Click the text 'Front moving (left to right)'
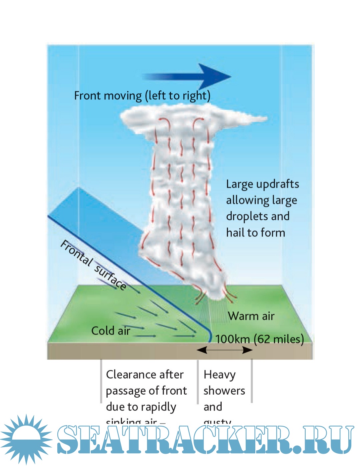coord(142,96)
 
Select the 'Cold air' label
coord(111,331)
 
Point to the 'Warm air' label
coord(251,316)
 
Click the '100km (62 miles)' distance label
coord(259,339)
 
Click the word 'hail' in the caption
coord(235,232)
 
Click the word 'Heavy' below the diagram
coord(219,375)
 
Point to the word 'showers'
coord(224,391)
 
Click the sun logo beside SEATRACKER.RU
coord(26,439)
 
